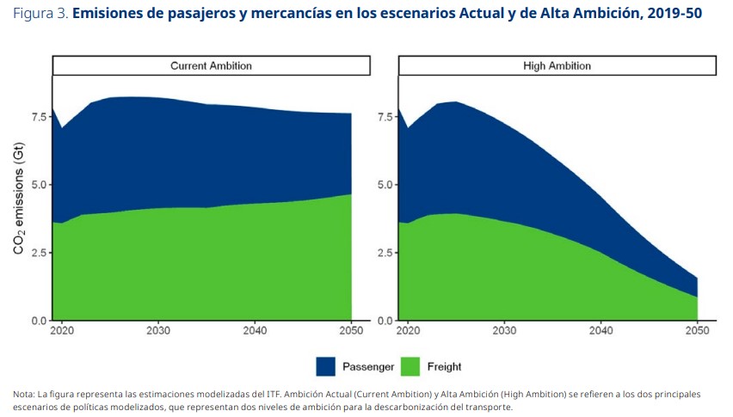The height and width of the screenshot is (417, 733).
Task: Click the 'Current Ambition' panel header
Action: (x=211, y=66)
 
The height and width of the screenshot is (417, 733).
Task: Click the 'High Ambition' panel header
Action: (x=557, y=66)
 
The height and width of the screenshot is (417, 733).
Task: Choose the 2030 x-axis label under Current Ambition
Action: (x=157, y=331)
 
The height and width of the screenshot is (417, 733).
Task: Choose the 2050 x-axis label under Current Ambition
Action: (x=351, y=331)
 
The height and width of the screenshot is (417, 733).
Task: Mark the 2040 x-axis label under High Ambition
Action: (x=600, y=331)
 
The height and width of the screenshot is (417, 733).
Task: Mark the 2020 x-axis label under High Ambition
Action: (x=407, y=331)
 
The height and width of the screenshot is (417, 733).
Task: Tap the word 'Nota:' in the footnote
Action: (x=24, y=394)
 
